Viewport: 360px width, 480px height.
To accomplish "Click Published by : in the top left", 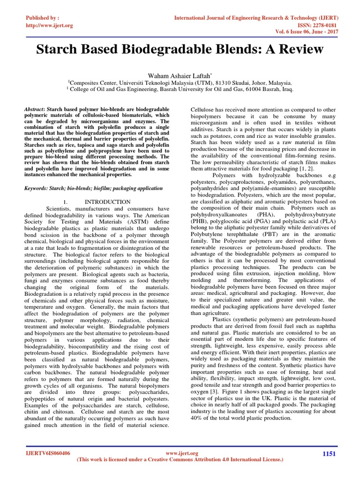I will tap(42, 18).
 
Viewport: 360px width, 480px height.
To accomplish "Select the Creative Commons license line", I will tap(180, 460).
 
